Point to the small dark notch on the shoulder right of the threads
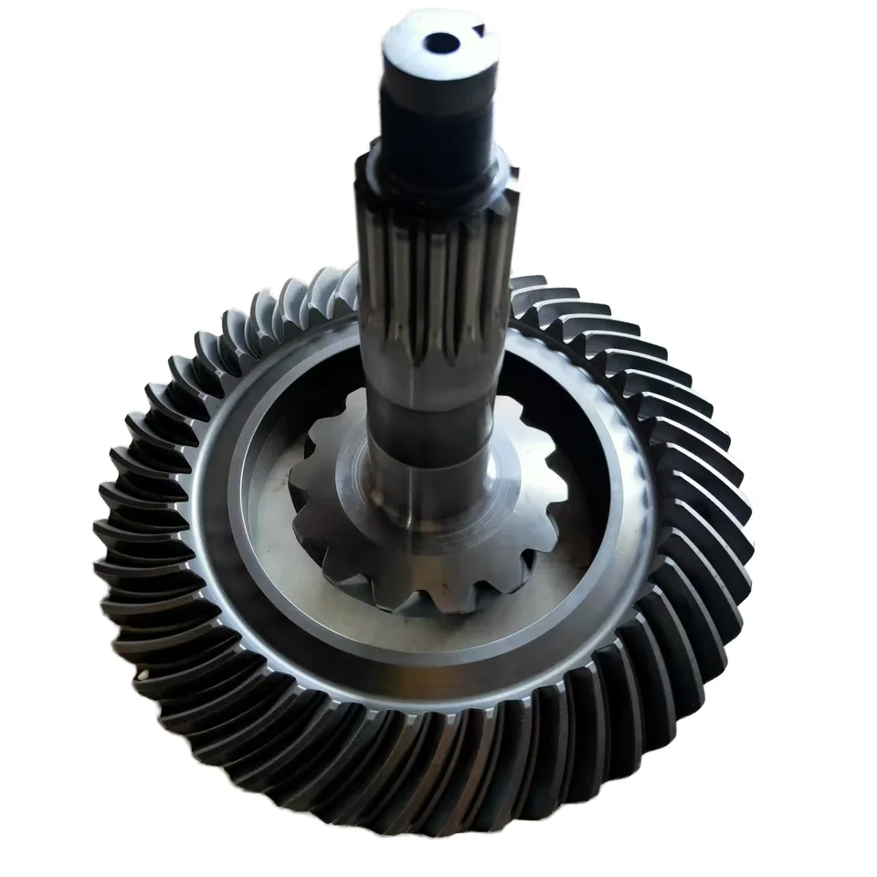coord(513,172)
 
